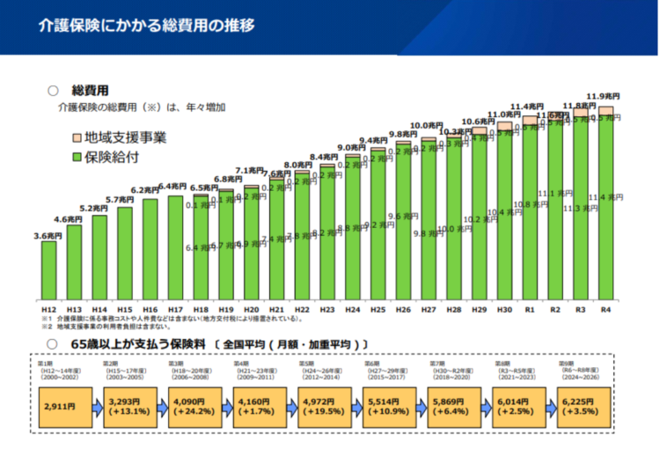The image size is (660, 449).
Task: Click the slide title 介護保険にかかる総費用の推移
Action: [x=146, y=25]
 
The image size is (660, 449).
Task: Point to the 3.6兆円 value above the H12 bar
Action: [x=48, y=235]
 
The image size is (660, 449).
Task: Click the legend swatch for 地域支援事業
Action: [x=76, y=138]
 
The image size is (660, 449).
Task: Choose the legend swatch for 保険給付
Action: [x=76, y=158]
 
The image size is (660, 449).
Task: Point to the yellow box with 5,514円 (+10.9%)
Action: [x=388, y=407]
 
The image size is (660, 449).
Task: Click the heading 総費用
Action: [x=91, y=90]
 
